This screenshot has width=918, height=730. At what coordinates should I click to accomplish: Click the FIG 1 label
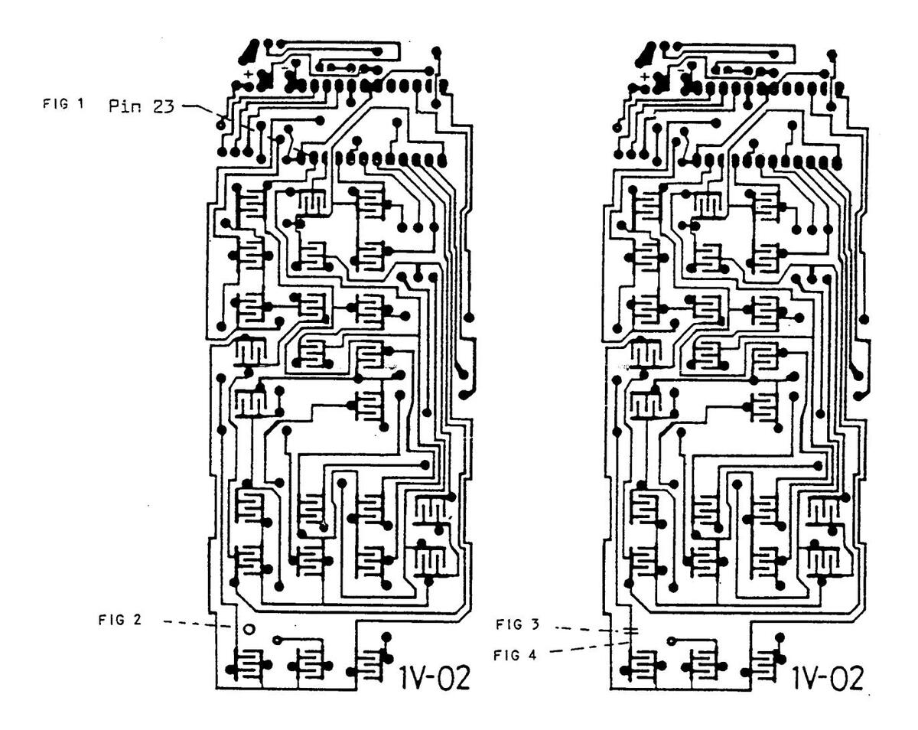pyautogui.click(x=63, y=103)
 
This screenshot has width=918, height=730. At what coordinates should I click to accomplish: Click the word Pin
pyautogui.click(x=123, y=106)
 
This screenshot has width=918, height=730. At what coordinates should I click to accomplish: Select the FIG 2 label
pyautogui.click(x=119, y=620)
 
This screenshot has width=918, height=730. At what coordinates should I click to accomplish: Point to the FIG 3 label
pyautogui.click(x=517, y=624)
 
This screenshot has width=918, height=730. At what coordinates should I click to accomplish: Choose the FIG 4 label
pyautogui.click(x=514, y=654)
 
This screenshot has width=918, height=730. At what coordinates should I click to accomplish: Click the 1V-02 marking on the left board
pyautogui.click(x=435, y=676)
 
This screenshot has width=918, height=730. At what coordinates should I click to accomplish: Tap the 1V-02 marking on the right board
pyautogui.click(x=828, y=677)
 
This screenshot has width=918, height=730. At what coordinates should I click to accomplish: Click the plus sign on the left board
pyautogui.click(x=249, y=73)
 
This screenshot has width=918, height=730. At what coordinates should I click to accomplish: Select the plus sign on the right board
pyautogui.click(x=645, y=77)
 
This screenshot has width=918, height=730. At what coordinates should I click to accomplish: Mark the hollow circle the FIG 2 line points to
pyautogui.click(x=249, y=628)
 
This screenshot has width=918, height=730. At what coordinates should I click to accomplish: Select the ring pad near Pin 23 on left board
pyautogui.click(x=220, y=125)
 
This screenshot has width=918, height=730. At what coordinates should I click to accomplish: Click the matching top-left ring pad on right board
pyautogui.click(x=617, y=127)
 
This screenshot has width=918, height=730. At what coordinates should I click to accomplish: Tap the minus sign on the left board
pyautogui.click(x=285, y=68)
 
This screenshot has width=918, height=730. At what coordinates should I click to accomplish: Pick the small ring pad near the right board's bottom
pyautogui.click(x=671, y=640)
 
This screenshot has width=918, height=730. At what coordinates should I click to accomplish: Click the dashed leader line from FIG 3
pyautogui.click(x=591, y=629)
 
